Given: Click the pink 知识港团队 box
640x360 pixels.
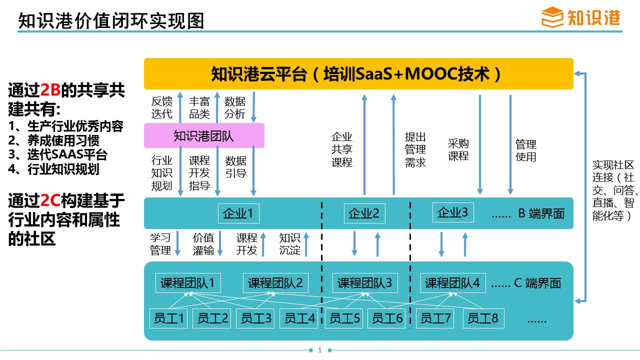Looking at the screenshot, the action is click(x=204, y=135).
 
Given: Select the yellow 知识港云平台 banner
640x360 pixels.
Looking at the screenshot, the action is click(x=358, y=73).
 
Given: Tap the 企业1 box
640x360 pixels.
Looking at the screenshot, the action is click(x=238, y=213).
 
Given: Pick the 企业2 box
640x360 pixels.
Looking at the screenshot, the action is click(x=364, y=213).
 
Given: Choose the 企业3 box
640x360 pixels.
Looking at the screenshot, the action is click(x=453, y=212).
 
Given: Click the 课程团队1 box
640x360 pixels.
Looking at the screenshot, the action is click(x=188, y=283).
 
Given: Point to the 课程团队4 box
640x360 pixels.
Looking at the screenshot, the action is click(x=453, y=283).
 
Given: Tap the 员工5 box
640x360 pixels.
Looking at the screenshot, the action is click(x=344, y=318).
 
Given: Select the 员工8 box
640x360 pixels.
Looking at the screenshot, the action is click(x=483, y=318).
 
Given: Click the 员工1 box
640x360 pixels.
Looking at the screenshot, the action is click(x=168, y=318).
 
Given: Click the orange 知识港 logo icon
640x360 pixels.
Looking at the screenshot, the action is click(x=552, y=17).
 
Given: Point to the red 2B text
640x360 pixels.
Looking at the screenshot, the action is click(x=50, y=90).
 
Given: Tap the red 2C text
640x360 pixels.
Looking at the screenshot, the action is click(x=50, y=200).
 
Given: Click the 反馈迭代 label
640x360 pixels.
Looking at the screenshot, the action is click(x=161, y=107).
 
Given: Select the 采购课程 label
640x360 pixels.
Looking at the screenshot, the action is click(x=458, y=149).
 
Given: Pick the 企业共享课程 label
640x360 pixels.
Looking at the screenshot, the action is click(x=341, y=149).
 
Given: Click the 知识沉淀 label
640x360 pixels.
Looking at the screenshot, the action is click(x=289, y=244).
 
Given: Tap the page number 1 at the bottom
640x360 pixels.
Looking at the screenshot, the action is click(x=319, y=350).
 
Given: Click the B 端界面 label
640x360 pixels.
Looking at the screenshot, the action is click(x=541, y=213).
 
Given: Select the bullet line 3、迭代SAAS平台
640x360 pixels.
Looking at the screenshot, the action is click(x=57, y=154).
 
